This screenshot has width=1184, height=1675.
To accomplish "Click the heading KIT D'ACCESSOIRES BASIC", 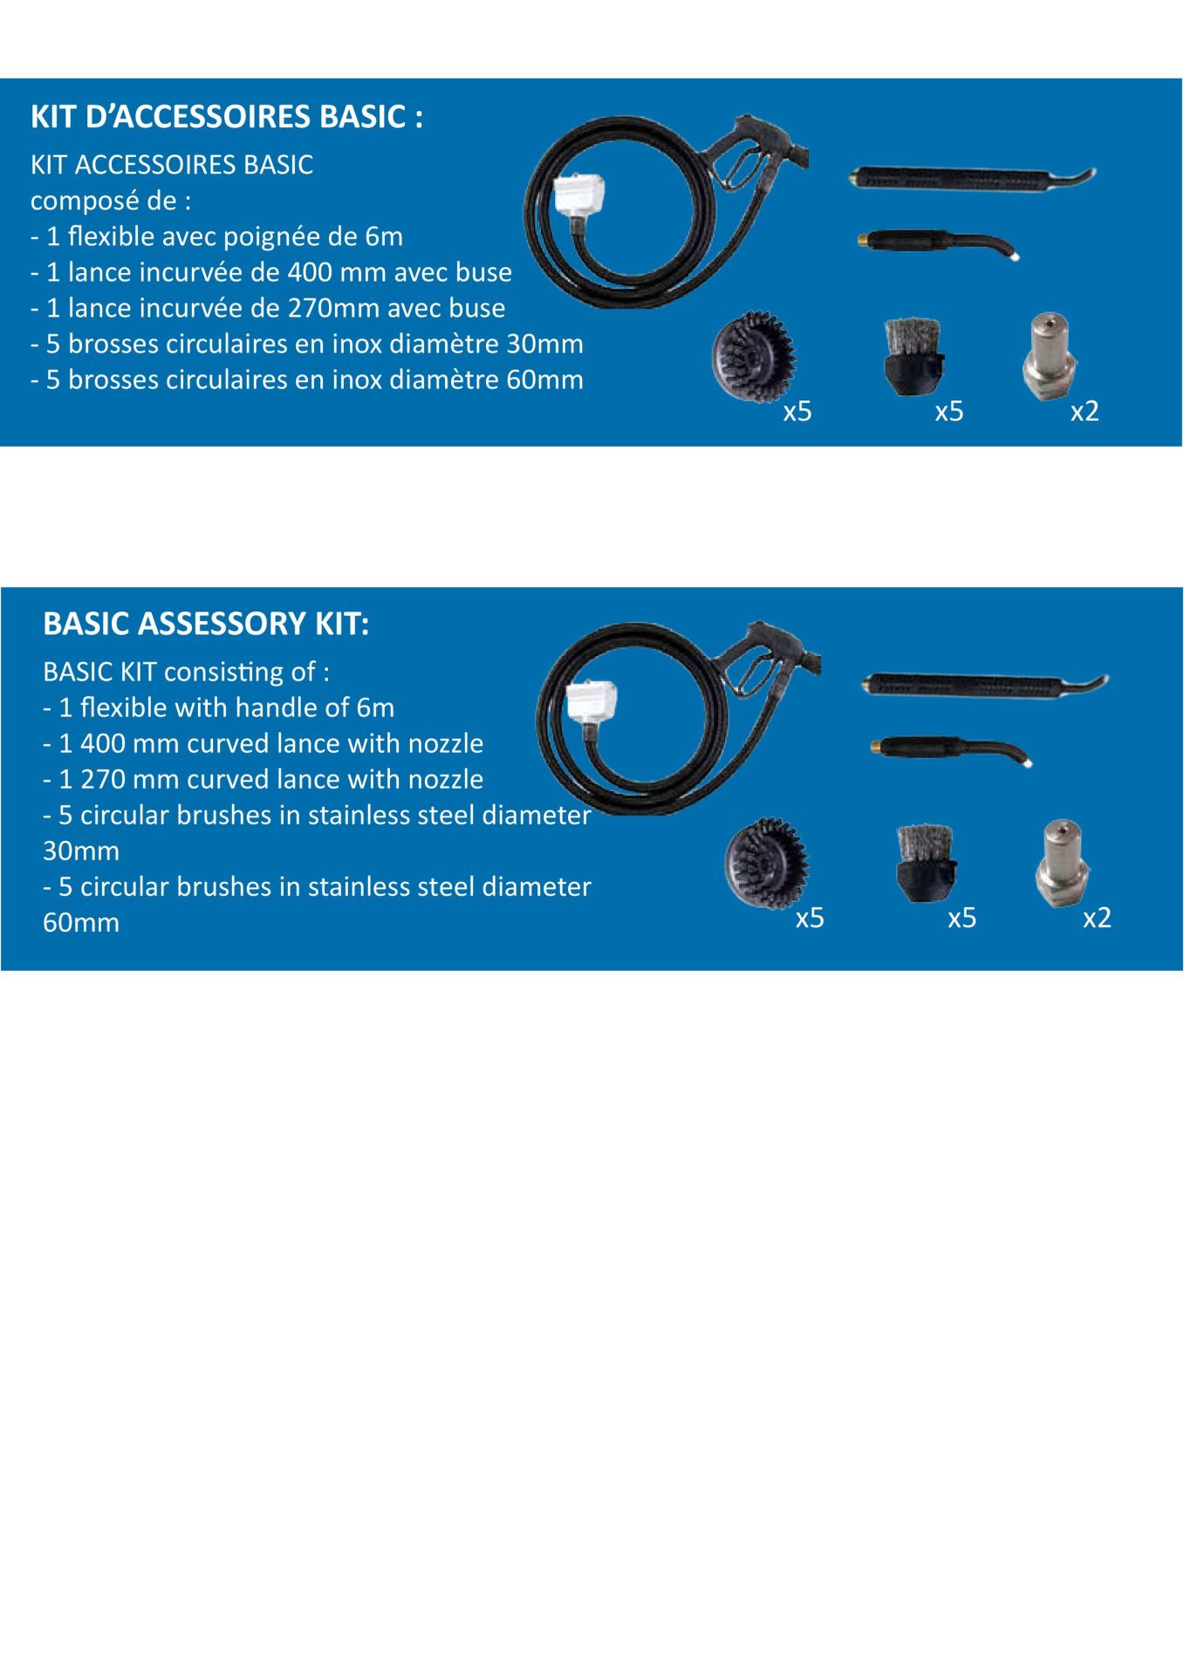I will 227,117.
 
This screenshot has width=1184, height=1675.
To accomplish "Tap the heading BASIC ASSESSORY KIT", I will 206,624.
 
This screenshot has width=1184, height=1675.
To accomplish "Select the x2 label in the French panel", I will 1085,411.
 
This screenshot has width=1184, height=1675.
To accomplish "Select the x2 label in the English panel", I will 1097,918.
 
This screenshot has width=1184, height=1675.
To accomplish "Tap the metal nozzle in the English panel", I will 1061,864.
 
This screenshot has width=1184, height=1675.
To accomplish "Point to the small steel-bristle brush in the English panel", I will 924,863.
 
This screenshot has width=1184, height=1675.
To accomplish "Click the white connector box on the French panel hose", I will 579,195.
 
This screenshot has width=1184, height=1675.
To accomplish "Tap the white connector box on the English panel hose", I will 592,702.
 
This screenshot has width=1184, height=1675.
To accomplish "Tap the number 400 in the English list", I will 103,743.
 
